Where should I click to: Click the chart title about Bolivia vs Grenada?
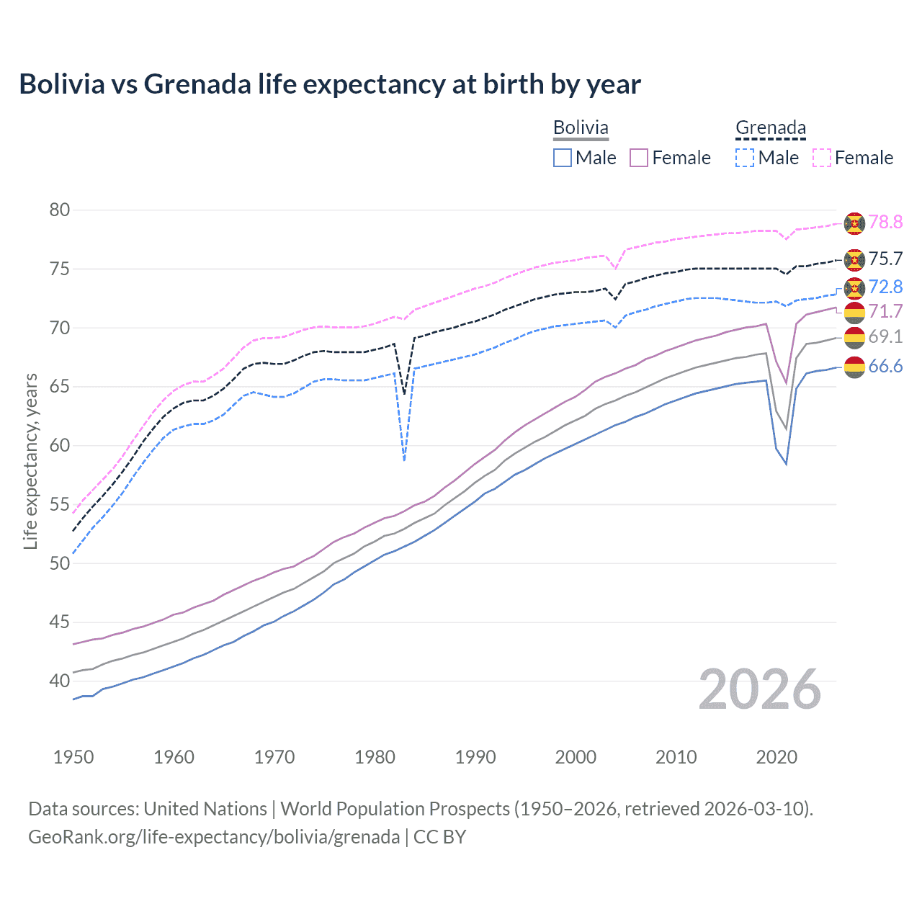tap(330, 84)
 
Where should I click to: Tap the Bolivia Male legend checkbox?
tap(563, 158)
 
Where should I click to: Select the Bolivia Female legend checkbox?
tap(639, 158)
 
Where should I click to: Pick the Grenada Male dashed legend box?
tap(745, 158)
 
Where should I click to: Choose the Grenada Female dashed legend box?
tap(822, 158)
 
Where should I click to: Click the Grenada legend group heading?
tap(770, 128)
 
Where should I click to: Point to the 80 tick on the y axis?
tap(60, 210)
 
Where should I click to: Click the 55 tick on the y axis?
tap(60, 504)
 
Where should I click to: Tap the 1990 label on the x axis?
tap(475, 757)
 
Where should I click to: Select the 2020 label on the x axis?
tap(776, 757)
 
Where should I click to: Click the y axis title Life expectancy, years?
tap(31, 461)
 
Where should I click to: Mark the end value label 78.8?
tap(885, 223)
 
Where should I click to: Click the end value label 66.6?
tap(885, 367)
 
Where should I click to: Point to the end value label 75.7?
tap(885, 259)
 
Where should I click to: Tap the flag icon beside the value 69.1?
tap(854, 337)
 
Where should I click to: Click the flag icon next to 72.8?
tap(854, 288)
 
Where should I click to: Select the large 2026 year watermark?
tap(760, 690)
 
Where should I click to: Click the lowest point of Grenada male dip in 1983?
tap(404, 460)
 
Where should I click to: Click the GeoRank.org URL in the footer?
tap(214, 837)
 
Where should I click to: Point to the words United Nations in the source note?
tap(205, 809)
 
